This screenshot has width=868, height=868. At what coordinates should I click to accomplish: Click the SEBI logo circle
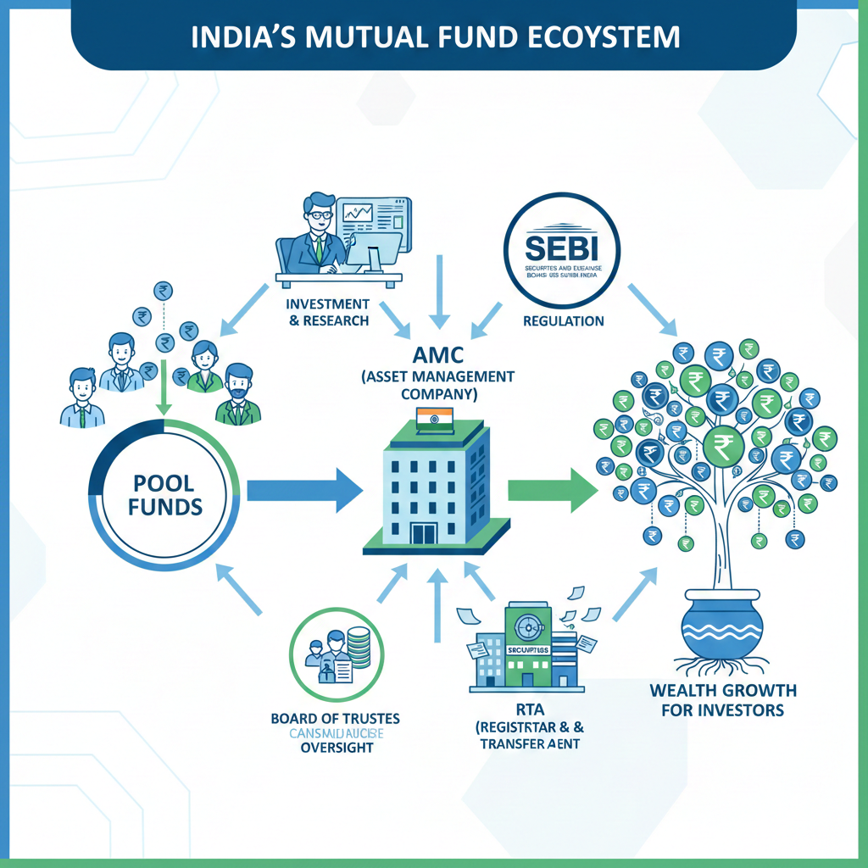tap(561, 253)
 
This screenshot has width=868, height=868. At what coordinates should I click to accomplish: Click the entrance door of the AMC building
tap(421, 534)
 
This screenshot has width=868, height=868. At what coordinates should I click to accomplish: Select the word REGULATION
tap(564, 321)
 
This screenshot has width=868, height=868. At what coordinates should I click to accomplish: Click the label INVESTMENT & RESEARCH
tap(327, 312)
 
